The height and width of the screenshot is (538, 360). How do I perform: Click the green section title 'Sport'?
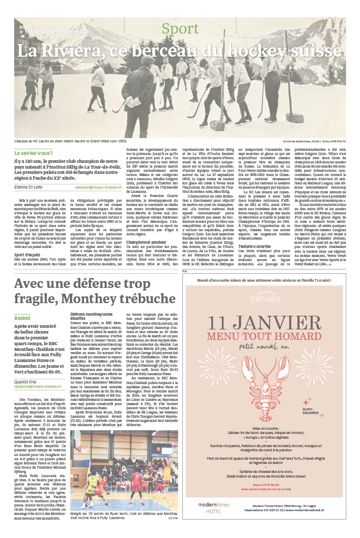180,29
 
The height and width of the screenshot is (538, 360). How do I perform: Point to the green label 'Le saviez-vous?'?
33,153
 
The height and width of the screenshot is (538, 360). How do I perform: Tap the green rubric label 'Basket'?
23,318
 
